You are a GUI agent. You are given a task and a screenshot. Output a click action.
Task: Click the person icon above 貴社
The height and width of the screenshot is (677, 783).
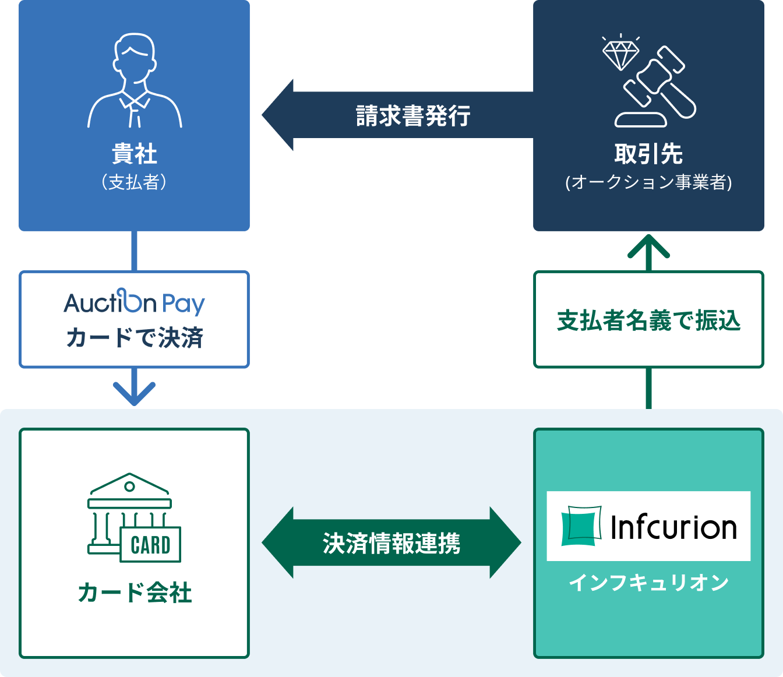point(135,80)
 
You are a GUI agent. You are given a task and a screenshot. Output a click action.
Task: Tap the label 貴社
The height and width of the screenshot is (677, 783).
point(135,154)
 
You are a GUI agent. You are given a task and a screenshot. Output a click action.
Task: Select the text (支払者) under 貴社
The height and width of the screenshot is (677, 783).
point(135,182)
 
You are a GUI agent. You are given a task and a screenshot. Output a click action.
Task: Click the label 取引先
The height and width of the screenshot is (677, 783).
point(648,154)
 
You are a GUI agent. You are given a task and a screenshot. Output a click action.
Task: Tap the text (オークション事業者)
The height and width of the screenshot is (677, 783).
point(648,182)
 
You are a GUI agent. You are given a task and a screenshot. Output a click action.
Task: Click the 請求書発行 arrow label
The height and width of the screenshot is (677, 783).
point(413,115)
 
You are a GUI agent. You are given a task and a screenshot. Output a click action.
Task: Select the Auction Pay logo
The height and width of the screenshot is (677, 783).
point(135,302)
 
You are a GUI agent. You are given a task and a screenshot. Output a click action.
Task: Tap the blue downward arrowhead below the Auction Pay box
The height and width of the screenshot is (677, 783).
point(135,393)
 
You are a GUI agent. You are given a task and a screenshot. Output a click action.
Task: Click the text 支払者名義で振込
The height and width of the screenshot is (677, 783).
point(648,320)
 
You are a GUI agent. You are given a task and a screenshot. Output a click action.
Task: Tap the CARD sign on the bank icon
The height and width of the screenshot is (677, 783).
point(150,545)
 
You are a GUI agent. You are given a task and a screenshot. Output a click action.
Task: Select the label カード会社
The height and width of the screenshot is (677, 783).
point(135,593)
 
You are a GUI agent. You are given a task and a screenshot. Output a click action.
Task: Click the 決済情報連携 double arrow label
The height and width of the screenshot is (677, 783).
point(391,543)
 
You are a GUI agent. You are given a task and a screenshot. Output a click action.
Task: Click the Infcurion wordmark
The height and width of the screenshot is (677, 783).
point(673,527)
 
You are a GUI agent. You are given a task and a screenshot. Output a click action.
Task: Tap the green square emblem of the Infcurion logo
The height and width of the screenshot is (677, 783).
point(580,526)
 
